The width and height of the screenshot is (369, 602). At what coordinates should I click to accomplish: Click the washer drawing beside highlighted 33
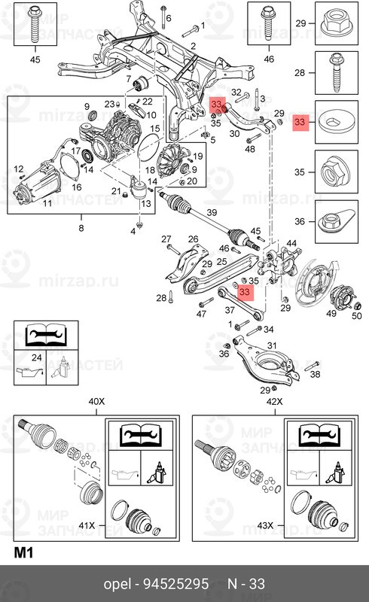[x=337, y=122]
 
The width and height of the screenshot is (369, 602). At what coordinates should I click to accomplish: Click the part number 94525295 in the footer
[x=176, y=584]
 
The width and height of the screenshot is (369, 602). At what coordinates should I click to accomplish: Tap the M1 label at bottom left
[x=23, y=552]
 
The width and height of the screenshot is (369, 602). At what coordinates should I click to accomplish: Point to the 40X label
[x=96, y=401]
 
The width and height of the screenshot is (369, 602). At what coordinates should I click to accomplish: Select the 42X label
[x=274, y=401]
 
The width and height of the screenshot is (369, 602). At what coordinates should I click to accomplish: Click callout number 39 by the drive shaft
[x=212, y=212]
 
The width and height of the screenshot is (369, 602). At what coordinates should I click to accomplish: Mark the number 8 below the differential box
[x=81, y=228]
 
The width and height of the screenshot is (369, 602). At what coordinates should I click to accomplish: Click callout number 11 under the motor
[x=47, y=202]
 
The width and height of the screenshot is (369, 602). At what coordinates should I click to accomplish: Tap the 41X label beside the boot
[x=87, y=524]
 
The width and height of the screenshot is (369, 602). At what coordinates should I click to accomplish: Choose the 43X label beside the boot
[x=265, y=524]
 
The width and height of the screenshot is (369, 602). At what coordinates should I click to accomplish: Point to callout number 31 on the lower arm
[x=272, y=345]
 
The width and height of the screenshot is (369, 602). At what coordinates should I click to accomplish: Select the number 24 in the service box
[x=36, y=357]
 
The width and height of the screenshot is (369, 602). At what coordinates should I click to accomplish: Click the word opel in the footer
[x=117, y=585]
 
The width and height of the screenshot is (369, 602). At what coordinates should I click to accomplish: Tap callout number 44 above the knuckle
[x=291, y=243]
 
